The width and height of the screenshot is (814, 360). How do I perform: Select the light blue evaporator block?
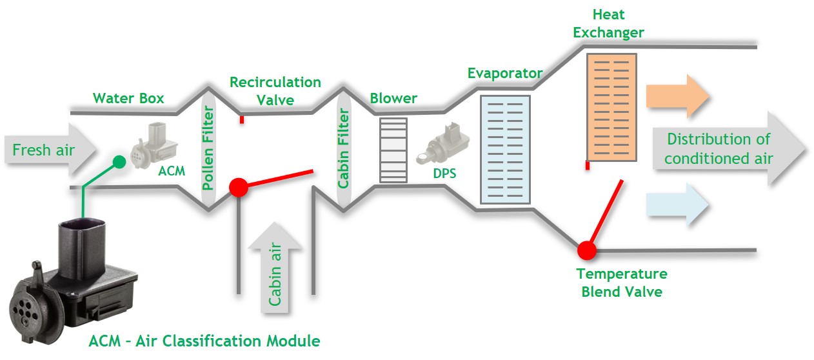(x=505, y=150)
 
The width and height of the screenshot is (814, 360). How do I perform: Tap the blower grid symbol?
(x=393, y=150)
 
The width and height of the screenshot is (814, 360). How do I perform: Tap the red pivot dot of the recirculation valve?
(x=239, y=187)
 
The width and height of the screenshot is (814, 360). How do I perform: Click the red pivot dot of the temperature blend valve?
(x=587, y=249)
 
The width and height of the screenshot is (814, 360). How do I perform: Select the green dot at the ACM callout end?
(x=119, y=162)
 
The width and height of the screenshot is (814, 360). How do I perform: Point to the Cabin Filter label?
(x=344, y=149)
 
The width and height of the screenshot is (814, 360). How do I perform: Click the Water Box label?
(x=128, y=99)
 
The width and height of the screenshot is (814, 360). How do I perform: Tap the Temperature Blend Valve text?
(x=621, y=283)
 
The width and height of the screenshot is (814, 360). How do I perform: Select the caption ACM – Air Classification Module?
(x=204, y=341)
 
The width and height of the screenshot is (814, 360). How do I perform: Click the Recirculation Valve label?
(x=275, y=91)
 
